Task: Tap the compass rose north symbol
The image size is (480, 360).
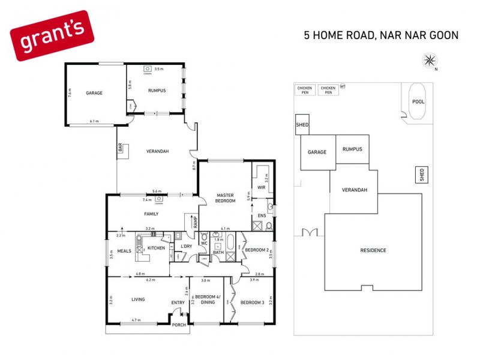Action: click(430, 59)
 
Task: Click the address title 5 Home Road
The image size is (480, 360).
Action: click(381, 35)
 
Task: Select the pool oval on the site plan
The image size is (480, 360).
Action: click(418, 101)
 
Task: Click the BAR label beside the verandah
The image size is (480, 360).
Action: click(120, 148)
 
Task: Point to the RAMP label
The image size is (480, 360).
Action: click(194, 221)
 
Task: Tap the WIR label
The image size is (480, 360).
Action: click(261, 187)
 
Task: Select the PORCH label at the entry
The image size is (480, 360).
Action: click(179, 325)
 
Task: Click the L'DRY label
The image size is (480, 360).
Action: click(186, 247)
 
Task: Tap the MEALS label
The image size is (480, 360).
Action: click(124, 251)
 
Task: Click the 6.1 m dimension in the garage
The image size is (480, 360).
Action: click(94, 122)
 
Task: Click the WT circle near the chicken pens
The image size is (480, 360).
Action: click(343, 86)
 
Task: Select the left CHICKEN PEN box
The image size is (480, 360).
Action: click(304, 90)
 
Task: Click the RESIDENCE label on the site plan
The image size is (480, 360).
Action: click(373, 250)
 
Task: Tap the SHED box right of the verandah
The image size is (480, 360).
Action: click(422, 175)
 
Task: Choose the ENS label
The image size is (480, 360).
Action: click(261, 215)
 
